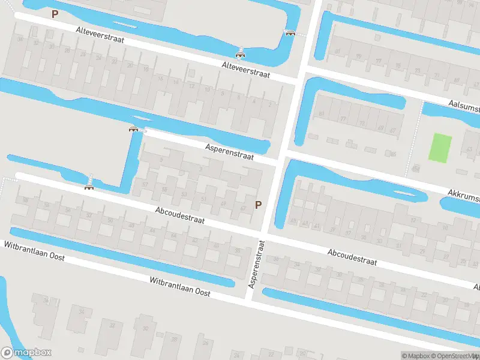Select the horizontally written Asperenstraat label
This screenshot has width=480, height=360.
click(229, 151)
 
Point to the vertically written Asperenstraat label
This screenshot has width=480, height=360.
click(256, 264)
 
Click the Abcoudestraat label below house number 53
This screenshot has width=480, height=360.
click(179, 216)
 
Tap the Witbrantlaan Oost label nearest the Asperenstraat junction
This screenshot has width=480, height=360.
click(180, 287)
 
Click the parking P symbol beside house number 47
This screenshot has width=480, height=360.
click(259, 205)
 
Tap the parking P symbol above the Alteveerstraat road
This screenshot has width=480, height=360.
click(55, 14)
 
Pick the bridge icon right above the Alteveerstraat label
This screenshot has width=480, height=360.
click(241, 56)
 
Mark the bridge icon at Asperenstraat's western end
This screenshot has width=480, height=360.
click(133, 128)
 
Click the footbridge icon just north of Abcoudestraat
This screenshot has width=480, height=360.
click(89, 187)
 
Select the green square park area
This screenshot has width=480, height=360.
click(440, 148)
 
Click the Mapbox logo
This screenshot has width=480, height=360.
click(26, 353)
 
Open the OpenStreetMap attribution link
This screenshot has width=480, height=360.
click(447, 356)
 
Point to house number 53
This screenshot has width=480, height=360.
click(184, 194)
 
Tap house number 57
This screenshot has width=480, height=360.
click(145, 185)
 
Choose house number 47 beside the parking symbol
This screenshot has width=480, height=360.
click(243, 209)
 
